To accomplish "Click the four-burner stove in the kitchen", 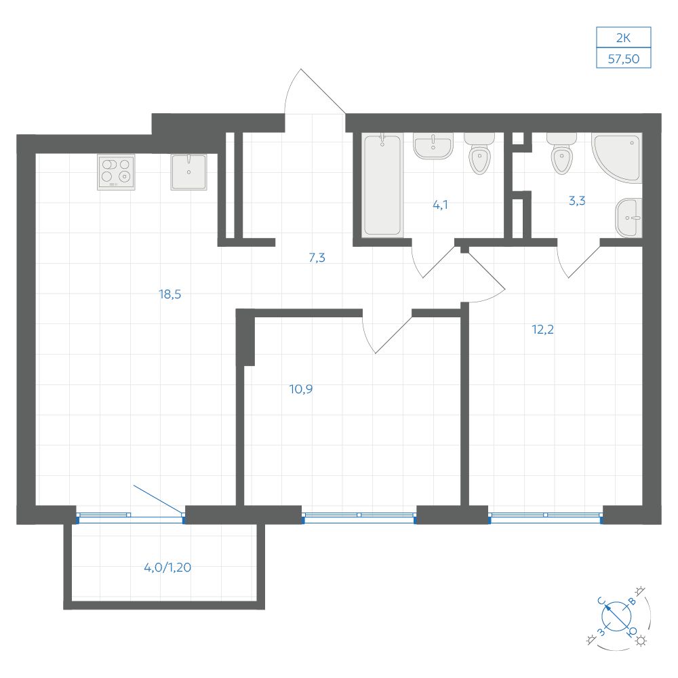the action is [116, 172].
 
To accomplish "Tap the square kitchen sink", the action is [188, 172].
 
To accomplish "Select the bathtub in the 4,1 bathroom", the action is [382, 185].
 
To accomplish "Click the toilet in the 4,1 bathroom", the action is [479, 153].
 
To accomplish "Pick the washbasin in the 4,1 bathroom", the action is [433, 146].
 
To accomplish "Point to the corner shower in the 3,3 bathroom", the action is [618, 158].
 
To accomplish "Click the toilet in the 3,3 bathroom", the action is [561, 153].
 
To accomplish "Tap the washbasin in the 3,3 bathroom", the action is [629, 218].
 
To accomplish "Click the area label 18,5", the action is [170, 294].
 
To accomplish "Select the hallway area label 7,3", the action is [317, 258].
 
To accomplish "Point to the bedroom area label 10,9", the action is [301, 389].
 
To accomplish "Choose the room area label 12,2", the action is [542, 330].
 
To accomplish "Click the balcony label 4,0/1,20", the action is [167, 567].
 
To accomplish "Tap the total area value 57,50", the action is [624, 59].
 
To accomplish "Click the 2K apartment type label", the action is [624, 38].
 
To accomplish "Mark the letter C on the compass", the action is [601, 600].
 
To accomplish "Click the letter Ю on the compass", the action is [632, 632].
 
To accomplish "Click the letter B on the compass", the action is [632, 601].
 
